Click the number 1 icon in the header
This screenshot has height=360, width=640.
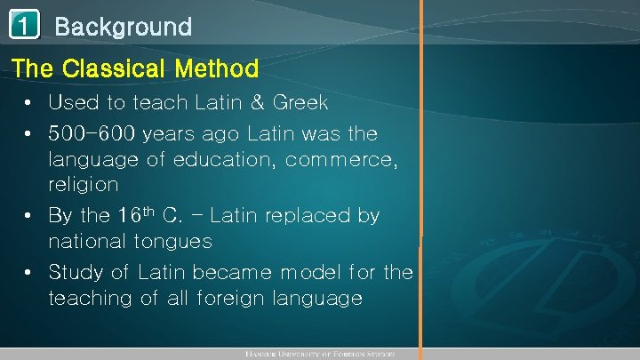pyautogui.click(x=25, y=27)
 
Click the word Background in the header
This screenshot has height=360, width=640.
pyautogui.click(x=124, y=27)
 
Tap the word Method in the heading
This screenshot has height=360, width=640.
pyautogui.click(x=218, y=68)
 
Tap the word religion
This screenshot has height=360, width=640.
pyautogui.click(x=84, y=185)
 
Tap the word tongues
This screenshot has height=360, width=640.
pyautogui.click(x=173, y=242)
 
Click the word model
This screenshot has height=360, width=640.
pyautogui.click(x=304, y=272)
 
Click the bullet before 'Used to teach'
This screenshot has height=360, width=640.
pyautogui.click(x=29, y=103)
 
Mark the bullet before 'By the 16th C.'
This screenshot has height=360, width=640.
pyautogui.click(x=29, y=216)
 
